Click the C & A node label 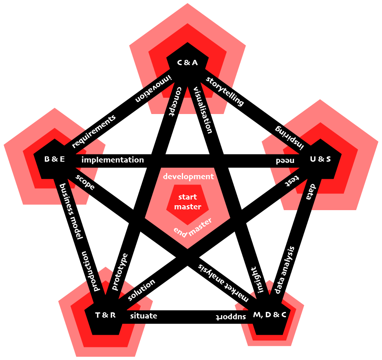click(187, 62)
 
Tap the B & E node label click(54, 159)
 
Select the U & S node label click(320, 159)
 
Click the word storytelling click(225, 91)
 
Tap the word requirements click(94, 131)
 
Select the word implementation click(113, 160)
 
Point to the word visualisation click(203, 110)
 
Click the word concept click(172, 101)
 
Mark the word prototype click(120, 272)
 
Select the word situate click(144, 316)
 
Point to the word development click(188, 177)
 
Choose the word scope click(85, 182)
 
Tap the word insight click(256, 280)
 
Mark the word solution click(141, 290)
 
